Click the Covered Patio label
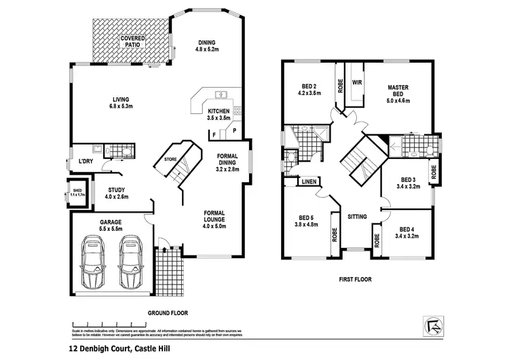click(x=133, y=42)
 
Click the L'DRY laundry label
click(x=85, y=161)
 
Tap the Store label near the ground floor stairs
click(x=171, y=160)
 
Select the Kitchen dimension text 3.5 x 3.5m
click(x=219, y=118)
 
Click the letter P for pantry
click(x=235, y=130)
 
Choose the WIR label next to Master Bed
click(x=358, y=82)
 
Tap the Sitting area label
click(x=357, y=217)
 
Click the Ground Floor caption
click(x=168, y=313)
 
